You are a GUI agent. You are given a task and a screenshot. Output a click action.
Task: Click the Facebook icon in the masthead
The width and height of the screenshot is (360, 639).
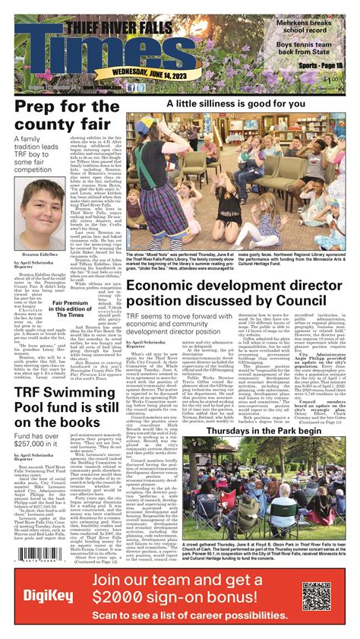134,87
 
